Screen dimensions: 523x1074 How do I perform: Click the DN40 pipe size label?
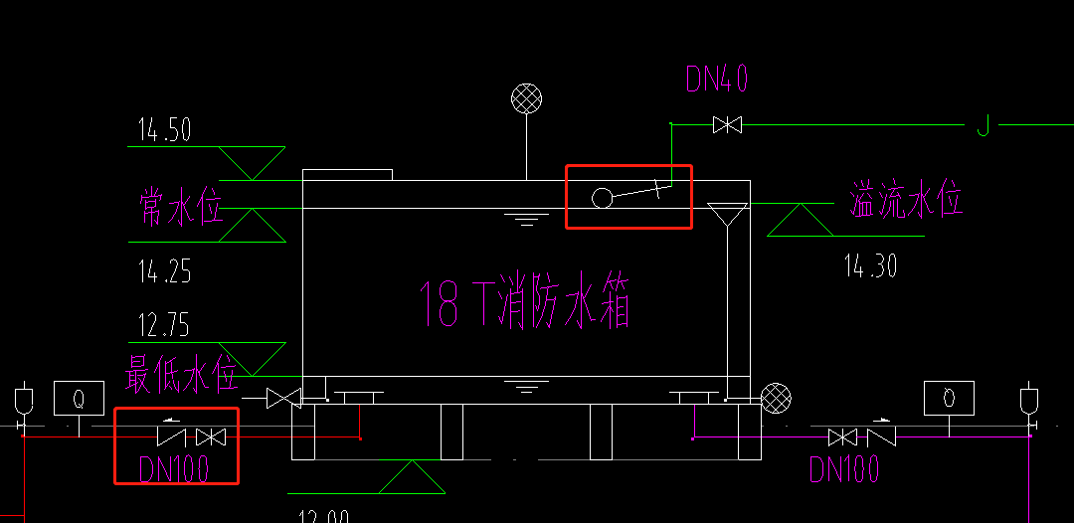(x=716, y=80)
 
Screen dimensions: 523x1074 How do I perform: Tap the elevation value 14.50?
(x=164, y=130)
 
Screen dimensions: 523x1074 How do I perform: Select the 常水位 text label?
(x=180, y=207)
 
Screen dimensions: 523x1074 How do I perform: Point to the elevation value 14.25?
(x=164, y=270)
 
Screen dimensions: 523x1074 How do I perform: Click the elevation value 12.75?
(x=164, y=325)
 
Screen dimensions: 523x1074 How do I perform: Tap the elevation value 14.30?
(x=870, y=265)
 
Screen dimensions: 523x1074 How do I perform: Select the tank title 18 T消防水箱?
(x=524, y=302)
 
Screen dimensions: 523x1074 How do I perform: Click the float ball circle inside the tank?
(x=602, y=198)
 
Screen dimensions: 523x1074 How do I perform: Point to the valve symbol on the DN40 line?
(x=727, y=125)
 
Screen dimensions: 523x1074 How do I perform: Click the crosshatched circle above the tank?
(x=526, y=98)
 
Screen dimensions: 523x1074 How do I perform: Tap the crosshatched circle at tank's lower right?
(x=775, y=398)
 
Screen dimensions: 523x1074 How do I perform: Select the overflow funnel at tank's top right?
(x=728, y=214)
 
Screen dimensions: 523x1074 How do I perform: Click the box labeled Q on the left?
(x=79, y=398)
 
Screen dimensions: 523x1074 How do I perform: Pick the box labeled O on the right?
(x=949, y=398)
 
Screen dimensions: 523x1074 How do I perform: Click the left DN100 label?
(x=175, y=468)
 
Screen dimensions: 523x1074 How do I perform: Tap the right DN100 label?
(x=844, y=468)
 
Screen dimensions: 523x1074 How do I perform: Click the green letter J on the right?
(x=983, y=126)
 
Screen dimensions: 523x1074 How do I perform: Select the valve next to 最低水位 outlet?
(x=284, y=399)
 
